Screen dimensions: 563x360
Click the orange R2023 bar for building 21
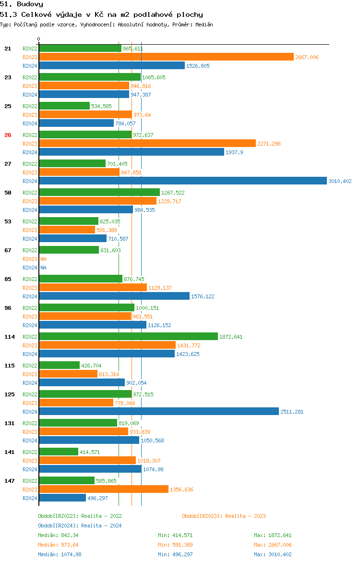(166, 57)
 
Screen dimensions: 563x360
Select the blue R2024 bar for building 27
(182, 181)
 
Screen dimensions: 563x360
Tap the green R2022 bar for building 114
(128, 337)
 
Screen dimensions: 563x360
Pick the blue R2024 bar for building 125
(158, 412)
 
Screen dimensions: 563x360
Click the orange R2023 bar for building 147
(104, 490)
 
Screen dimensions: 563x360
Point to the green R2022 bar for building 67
(69, 250)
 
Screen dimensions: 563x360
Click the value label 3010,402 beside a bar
(340, 181)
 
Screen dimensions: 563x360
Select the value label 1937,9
(235, 152)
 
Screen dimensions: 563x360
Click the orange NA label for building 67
(43, 259)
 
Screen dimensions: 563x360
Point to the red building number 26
(8, 135)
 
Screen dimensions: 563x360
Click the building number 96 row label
(8, 308)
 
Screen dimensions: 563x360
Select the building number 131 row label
(9, 423)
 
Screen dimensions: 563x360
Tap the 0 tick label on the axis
(39, 39)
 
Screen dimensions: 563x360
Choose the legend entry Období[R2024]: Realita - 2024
(80, 526)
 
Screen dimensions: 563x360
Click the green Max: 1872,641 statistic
(273, 535)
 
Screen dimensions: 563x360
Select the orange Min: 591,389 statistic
(175, 545)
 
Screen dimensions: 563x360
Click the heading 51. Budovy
(22, 4)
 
